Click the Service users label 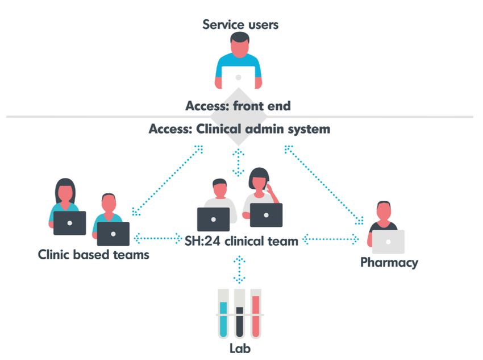[x=240, y=24]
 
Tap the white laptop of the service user [x=238, y=76]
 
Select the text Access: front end [x=238, y=106]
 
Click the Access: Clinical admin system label [x=239, y=129]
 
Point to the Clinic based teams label [x=94, y=254]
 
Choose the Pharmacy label [x=389, y=263]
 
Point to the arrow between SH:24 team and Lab [x=240, y=269]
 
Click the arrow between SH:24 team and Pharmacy [x=331, y=239]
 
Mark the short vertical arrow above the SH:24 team [x=239, y=162]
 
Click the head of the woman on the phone [x=259, y=180]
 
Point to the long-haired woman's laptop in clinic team [x=69, y=223]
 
